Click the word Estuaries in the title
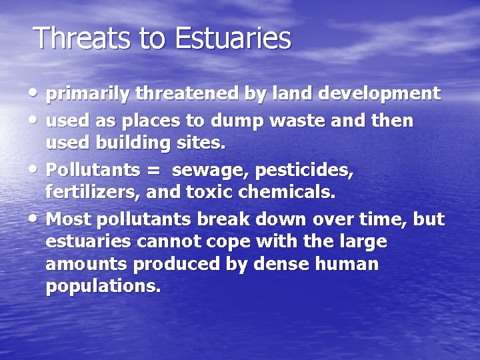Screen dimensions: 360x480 [x=233, y=38]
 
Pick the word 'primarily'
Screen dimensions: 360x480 [x=88, y=93]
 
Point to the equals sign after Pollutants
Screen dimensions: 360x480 [x=153, y=171]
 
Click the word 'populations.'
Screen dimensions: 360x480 [x=103, y=287]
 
